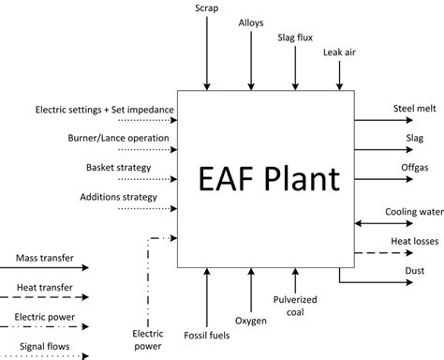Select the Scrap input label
pos(206,8)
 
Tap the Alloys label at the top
pos(251,21)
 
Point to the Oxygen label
pos(251,322)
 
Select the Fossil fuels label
pos(206,337)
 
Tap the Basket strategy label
pos(129,168)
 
